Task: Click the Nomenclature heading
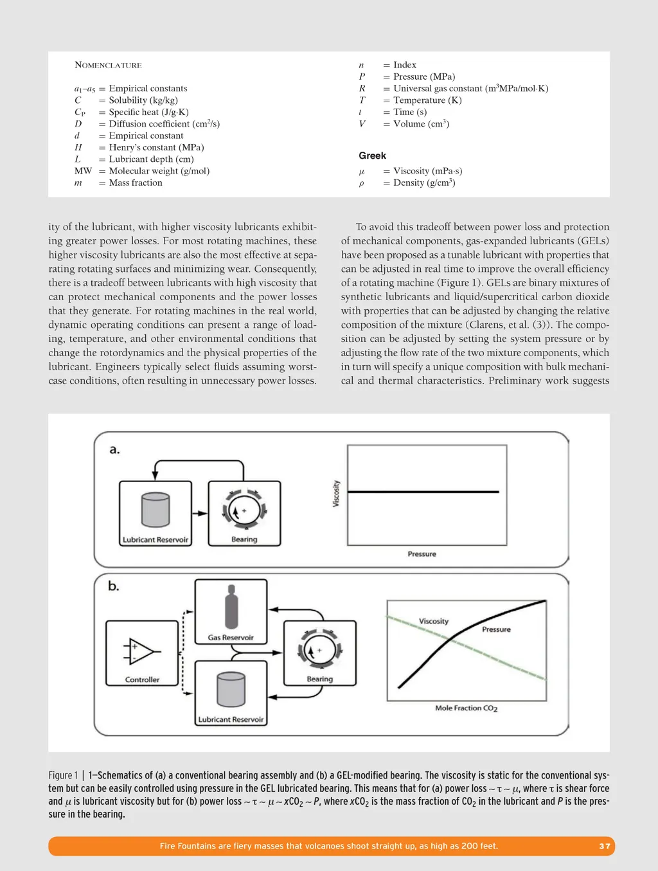coord(108,65)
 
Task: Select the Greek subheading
coord(372,156)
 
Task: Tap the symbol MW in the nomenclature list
coord(83,171)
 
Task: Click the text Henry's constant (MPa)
coord(156,147)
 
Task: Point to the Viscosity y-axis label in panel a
coord(336,494)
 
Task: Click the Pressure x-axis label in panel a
coord(422,554)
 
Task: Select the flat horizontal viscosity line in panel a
coord(424,492)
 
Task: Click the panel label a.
coord(114,449)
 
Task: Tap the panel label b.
coord(114,586)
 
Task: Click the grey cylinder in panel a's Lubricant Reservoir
coord(156,510)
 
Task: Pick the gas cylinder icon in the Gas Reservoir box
coord(231,607)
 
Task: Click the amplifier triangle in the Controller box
coord(140,651)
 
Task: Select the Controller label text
coord(142,679)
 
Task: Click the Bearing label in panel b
coord(319,679)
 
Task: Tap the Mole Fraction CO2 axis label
coord(466,708)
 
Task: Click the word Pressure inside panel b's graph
coord(496,629)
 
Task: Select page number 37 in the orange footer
coord(605,846)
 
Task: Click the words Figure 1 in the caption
coord(63,775)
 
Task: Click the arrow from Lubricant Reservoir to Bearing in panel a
coord(200,513)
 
